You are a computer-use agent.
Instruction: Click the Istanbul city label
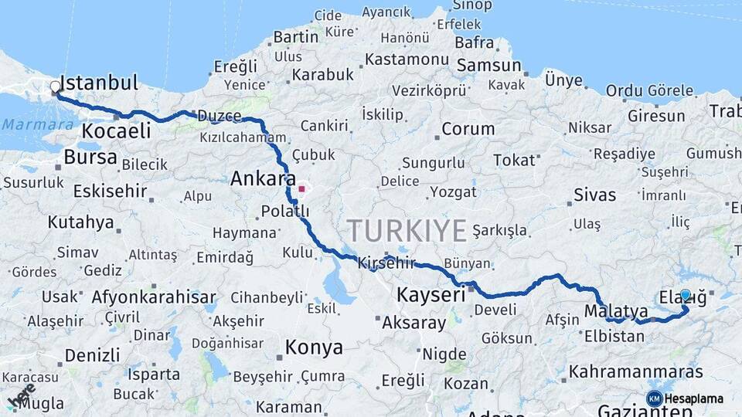99,83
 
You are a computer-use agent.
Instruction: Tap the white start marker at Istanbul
55,88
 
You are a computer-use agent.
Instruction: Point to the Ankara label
263,179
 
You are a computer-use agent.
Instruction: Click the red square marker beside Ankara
301,188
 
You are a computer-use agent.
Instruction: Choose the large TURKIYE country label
407,230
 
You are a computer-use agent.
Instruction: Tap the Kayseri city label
431,294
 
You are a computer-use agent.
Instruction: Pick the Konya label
314,347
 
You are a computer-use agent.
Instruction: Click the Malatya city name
616,310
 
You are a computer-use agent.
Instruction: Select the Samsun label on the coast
488,66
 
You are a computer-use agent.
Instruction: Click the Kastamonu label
407,59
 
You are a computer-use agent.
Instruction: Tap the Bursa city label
90,158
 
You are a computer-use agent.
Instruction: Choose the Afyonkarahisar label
154,297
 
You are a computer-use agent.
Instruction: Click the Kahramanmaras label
636,371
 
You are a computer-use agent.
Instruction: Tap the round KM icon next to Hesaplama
654,398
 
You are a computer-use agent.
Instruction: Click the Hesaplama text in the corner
695,398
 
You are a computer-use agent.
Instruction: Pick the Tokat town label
514,161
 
